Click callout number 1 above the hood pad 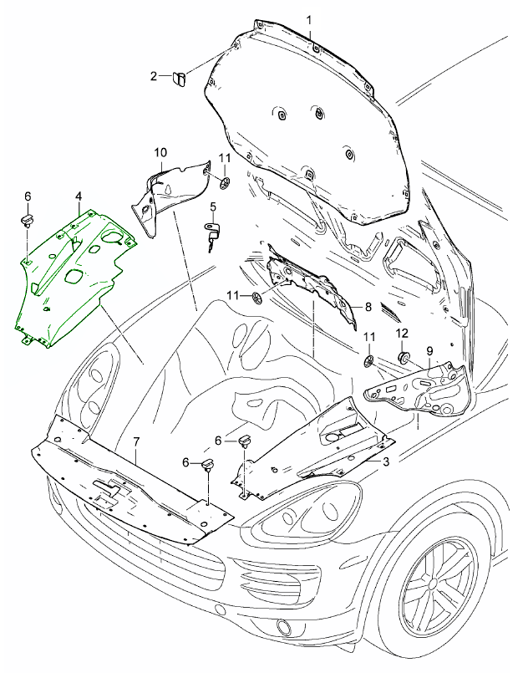tap(310, 19)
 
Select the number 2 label tap(154, 77)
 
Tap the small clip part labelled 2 tap(180, 79)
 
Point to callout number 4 tap(78, 196)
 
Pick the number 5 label tap(213, 207)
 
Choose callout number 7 tap(137, 441)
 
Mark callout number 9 tap(429, 350)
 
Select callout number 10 tap(160, 152)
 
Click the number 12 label tap(401, 334)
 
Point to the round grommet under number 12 tap(404, 358)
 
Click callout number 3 tap(386, 461)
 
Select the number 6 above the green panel tap(28, 196)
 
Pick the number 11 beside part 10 tap(225, 158)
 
